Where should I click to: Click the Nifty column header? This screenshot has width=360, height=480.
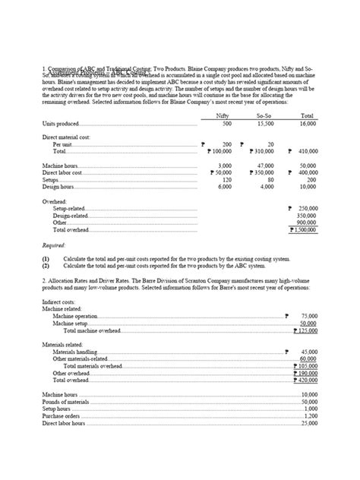(x=223, y=115)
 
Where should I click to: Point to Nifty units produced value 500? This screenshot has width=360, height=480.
(x=226, y=123)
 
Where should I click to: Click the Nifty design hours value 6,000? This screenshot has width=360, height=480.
(x=224, y=186)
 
